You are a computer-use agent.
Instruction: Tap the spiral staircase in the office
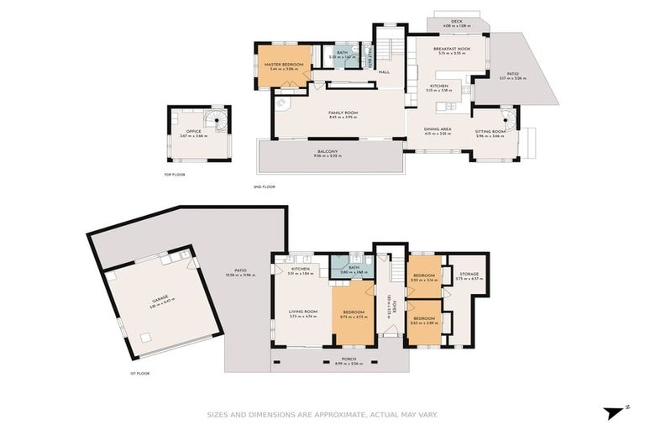[218, 121]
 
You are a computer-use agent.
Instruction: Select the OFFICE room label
[182, 131]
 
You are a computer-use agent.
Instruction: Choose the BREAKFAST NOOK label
[451, 50]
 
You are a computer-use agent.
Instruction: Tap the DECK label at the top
[457, 22]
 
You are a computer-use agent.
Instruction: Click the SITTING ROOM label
[490, 131]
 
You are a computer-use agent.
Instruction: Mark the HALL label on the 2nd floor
[384, 72]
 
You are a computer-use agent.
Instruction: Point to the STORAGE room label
[466, 277]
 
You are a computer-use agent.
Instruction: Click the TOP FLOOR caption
[174, 175]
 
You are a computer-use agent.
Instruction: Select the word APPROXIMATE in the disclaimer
[322, 414]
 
